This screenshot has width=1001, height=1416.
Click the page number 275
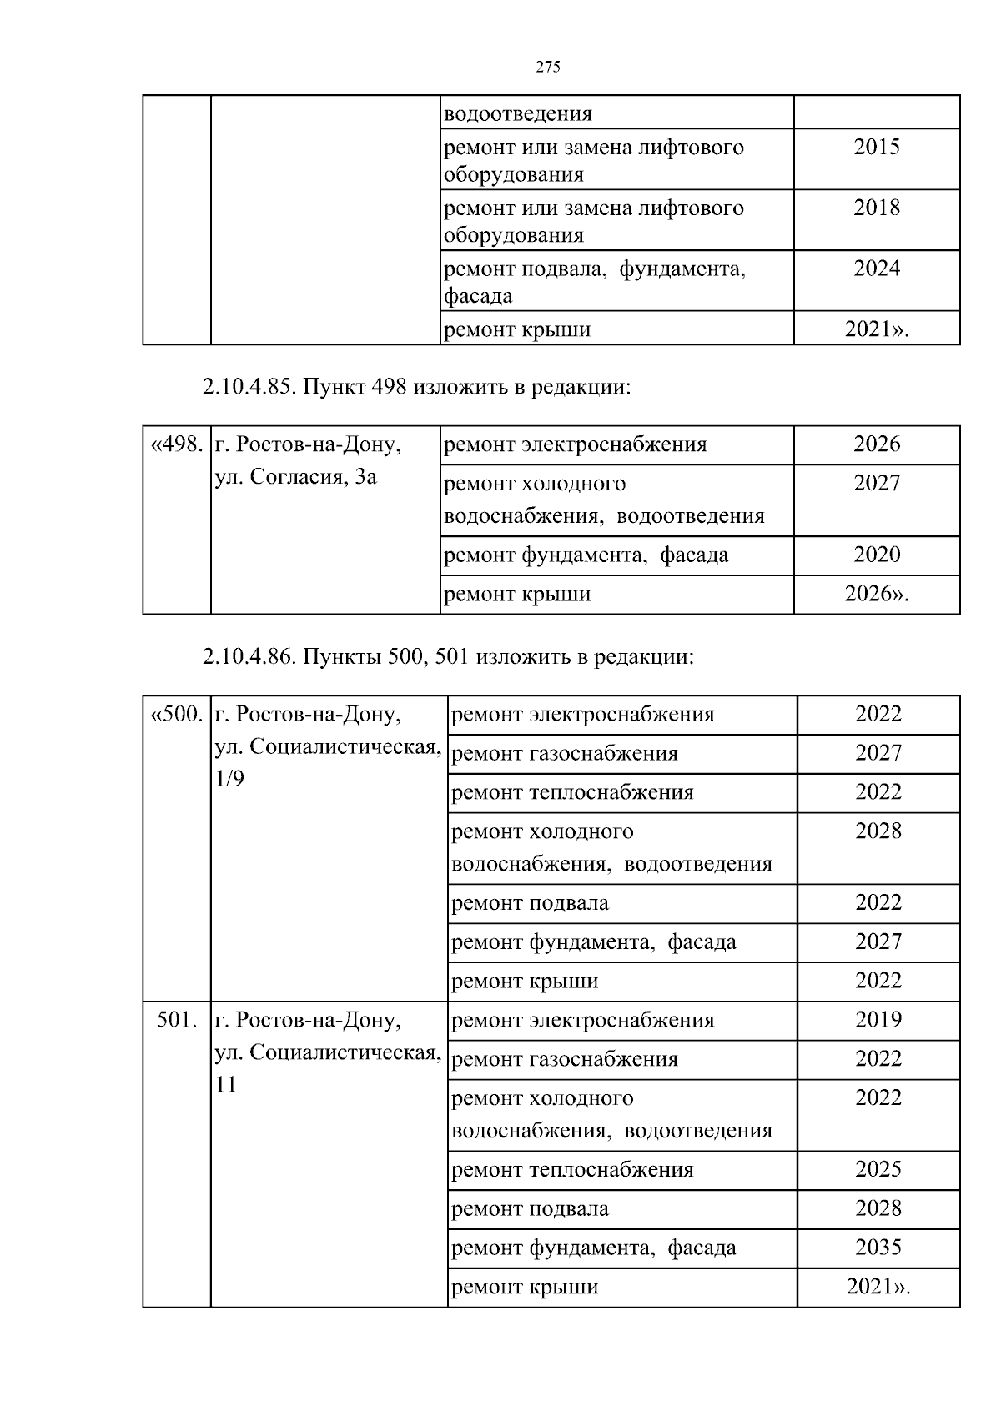click(547, 68)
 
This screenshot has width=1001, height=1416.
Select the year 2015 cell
click(877, 148)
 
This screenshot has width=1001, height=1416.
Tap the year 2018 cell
click(877, 208)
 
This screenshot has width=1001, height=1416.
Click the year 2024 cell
click(877, 268)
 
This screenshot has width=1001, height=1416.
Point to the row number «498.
click(177, 444)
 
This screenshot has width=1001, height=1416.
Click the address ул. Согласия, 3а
click(296, 478)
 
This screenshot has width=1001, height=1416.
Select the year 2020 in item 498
click(877, 555)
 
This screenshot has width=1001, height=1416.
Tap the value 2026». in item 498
click(877, 594)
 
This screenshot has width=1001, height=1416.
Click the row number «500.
click(177, 715)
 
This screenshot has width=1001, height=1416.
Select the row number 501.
click(177, 1020)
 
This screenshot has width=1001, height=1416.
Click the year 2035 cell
click(878, 1248)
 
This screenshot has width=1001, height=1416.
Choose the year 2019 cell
click(878, 1020)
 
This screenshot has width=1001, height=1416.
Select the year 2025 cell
click(878, 1169)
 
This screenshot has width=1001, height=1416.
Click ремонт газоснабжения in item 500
click(565, 754)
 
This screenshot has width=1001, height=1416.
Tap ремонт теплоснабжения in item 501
click(572, 1170)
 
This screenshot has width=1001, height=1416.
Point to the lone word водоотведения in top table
click(518, 113)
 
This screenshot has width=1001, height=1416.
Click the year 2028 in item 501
click(878, 1208)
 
